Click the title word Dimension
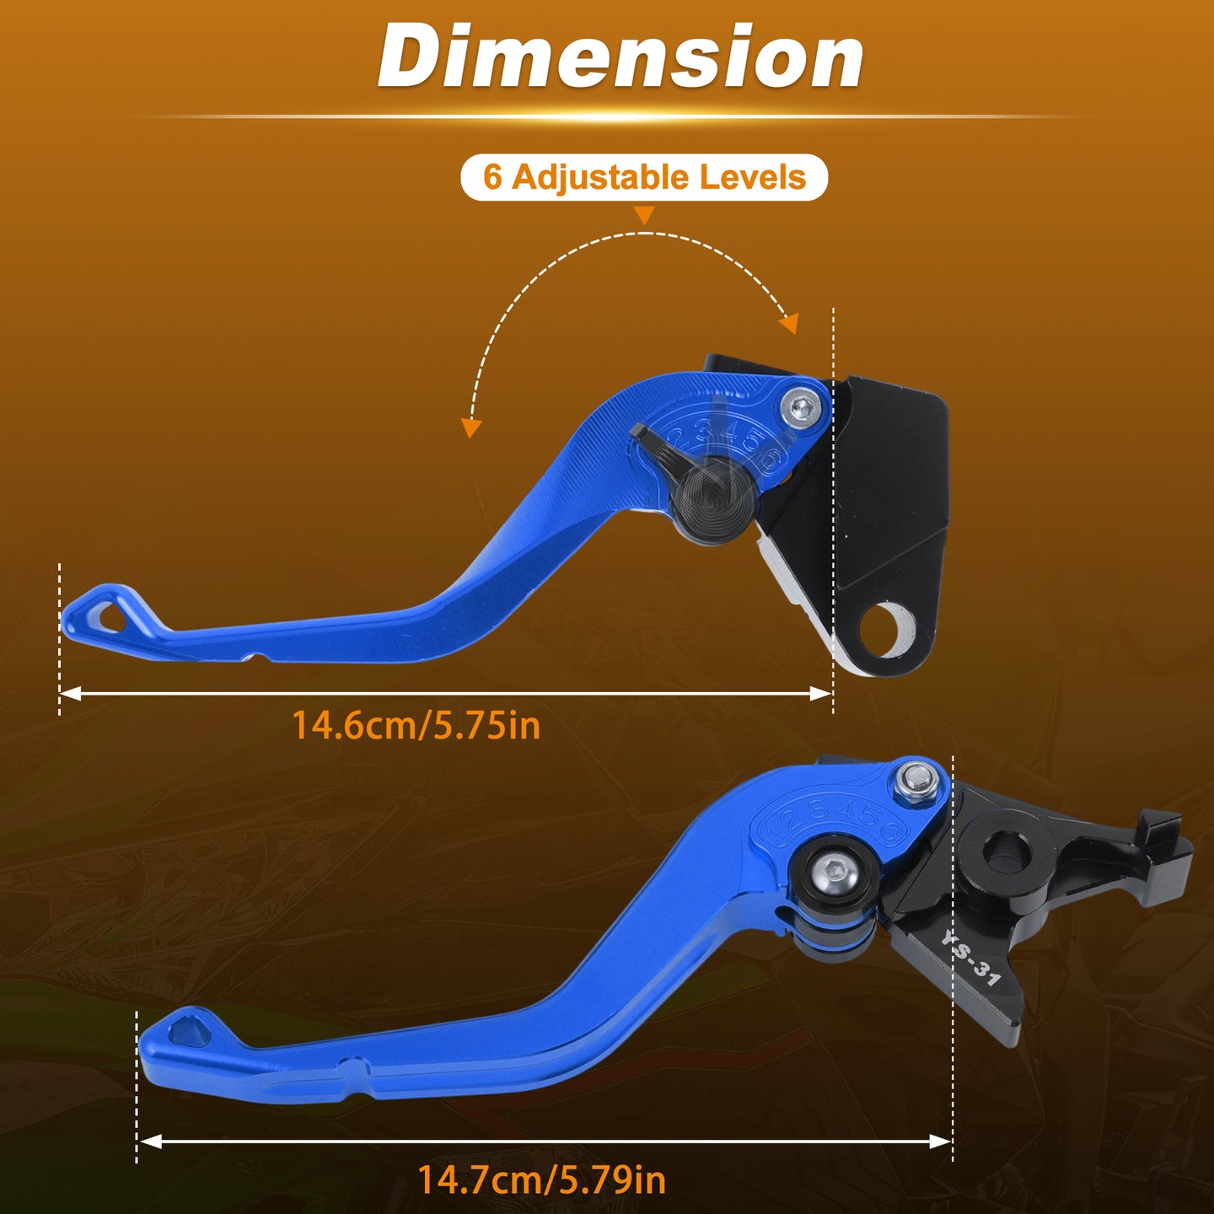(620, 56)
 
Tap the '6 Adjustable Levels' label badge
(644, 177)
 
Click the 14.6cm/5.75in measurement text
(416, 726)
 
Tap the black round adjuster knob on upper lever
(712, 500)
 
